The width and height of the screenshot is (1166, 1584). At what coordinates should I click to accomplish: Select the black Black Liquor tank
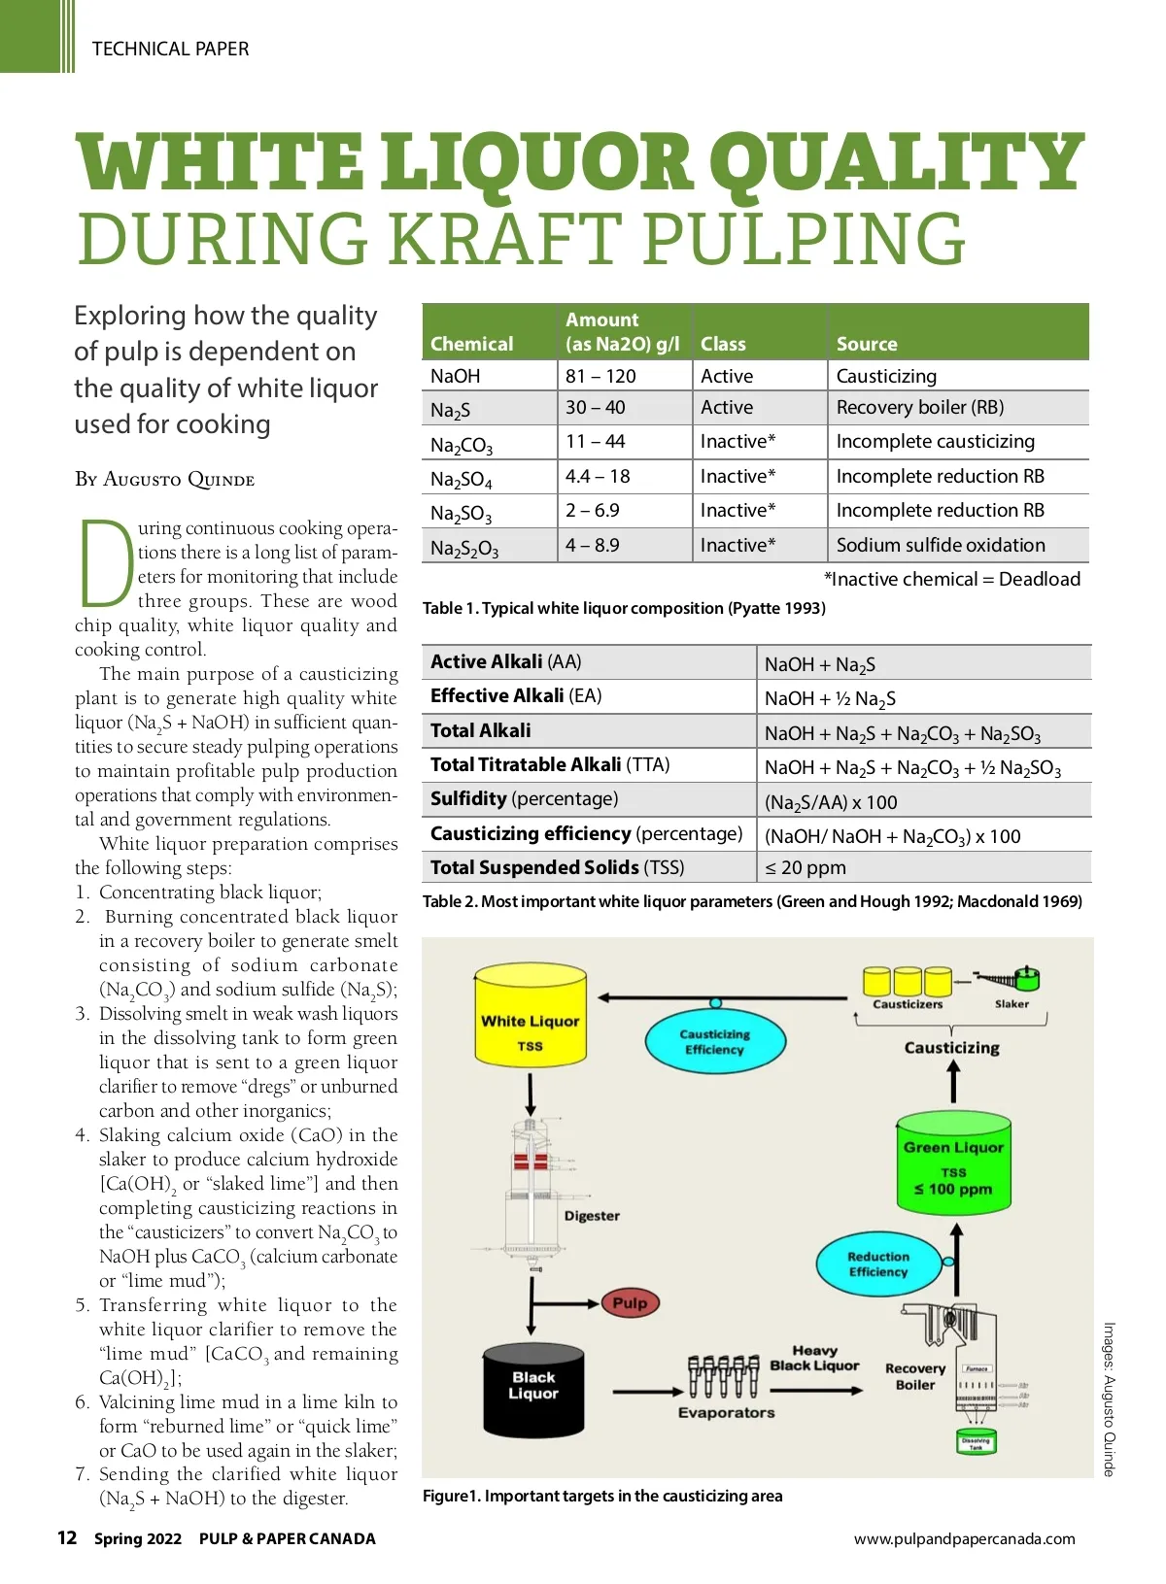coord(533,1388)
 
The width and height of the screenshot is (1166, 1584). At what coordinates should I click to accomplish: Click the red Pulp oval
coord(630,1303)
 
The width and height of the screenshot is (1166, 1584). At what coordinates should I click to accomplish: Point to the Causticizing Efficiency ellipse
coord(714,1042)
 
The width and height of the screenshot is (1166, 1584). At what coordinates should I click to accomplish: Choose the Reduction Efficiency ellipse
coord(878,1264)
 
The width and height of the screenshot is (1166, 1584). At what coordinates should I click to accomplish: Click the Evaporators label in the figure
coord(726,1413)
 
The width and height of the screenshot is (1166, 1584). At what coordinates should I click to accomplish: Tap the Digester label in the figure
coord(592,1216)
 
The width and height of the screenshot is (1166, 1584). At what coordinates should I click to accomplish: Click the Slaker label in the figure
coord(1012,1004)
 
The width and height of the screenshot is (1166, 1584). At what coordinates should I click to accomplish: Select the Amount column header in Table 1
coord(623,331)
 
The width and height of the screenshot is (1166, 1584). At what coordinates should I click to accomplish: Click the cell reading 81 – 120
coord(600,376)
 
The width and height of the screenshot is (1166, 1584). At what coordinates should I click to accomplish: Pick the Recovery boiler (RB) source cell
coord(920,408)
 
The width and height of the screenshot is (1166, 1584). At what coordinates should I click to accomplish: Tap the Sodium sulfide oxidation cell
coord(941,545)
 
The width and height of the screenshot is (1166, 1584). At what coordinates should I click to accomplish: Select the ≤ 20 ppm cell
coord(806,868)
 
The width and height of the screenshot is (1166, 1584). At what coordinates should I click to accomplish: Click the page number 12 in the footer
coord(67,1537)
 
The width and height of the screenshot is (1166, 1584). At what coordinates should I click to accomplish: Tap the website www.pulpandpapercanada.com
coord(964,1538)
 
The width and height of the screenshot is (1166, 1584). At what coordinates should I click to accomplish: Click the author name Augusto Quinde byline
coord(164,480)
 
